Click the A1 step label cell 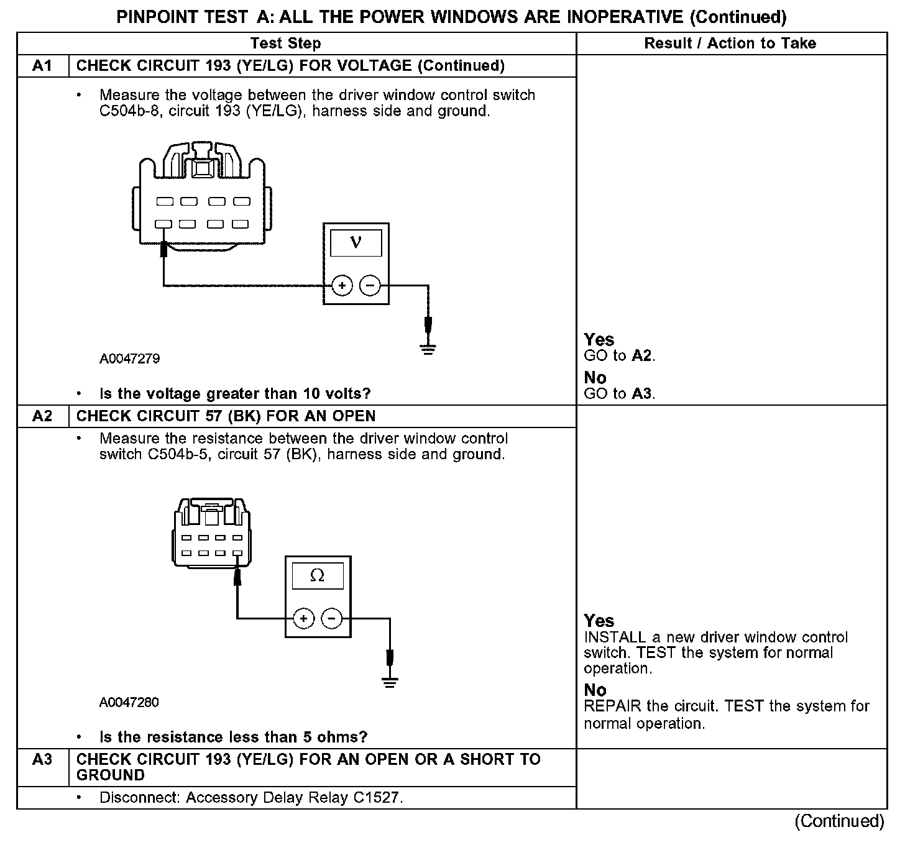[42, 66]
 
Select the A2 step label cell [42, 416]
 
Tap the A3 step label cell [42, 759]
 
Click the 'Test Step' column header [285, 43]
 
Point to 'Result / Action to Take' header [730, 43]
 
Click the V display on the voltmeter [356, 242]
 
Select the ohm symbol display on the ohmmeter [317, 576]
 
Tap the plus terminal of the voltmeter [342, 286]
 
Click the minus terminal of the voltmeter [370, 286]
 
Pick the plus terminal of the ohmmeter [303, 619]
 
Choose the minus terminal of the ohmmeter [331, 619]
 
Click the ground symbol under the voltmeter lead [428, 349]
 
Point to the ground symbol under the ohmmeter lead [390, 682]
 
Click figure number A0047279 [129, 359]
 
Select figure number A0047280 [129, 703]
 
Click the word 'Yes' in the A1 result [599, 340]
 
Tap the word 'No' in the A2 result [595, 690]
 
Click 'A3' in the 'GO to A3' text [642, 393]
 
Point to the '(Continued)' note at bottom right [839, 821]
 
